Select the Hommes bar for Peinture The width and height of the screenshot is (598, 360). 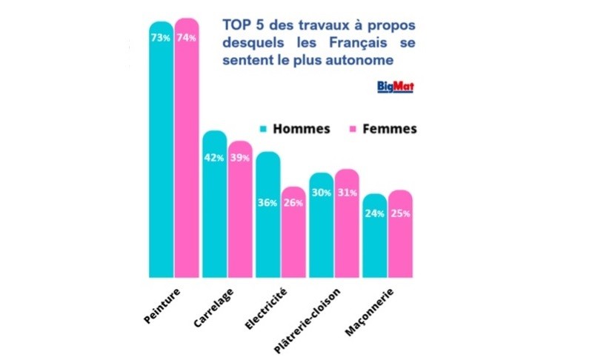click(161, 148)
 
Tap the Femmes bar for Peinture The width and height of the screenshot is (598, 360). click(187, 148)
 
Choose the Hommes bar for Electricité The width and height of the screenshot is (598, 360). click(268, 214)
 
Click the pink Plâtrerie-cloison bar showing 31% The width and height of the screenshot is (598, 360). click(347, 223)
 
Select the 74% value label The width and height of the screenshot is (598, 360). click(186, 38)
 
